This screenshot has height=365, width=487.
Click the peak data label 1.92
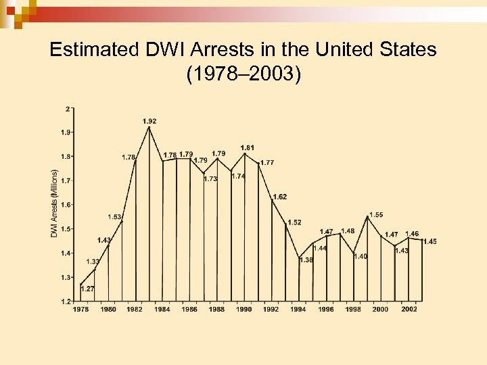(149, 121)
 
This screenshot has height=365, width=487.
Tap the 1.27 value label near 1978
(87, 289)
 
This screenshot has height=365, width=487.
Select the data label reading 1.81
(248, 147)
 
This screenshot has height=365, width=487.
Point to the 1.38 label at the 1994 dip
(306, 260)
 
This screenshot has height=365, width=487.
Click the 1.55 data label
(376, 215)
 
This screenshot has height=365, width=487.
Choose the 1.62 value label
(280, 197)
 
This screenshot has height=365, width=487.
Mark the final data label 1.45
(430, 241)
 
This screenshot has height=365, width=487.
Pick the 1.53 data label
(114, 217)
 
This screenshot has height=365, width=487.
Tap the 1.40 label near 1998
(361, 256)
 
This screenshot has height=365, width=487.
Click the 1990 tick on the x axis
(244, 310)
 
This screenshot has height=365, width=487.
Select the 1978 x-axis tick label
(80, 310)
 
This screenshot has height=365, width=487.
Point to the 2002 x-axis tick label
(409, 310)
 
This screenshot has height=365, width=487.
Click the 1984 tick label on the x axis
(162, 310)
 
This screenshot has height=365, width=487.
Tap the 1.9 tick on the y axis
(66, 132)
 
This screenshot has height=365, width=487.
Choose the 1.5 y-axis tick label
(66, 229)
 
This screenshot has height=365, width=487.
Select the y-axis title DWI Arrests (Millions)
(55, 203)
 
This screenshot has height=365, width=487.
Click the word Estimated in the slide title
(96, 49)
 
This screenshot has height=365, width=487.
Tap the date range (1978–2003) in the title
(243, 74)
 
